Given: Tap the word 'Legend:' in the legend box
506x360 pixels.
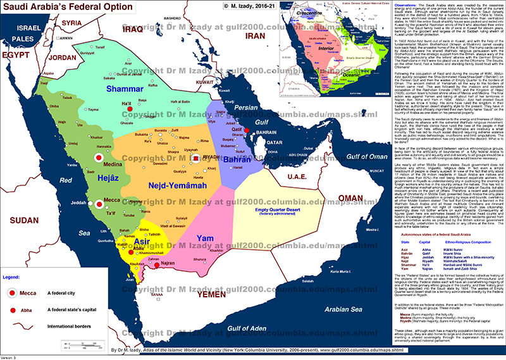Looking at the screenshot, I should (x=16, y=276).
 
